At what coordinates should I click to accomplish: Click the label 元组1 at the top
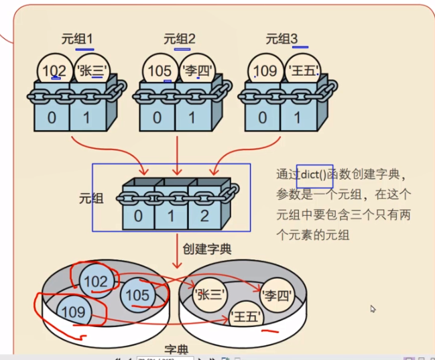[x=77, y=39]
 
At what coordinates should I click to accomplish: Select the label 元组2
[x=179, y=39]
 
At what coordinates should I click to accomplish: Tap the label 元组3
[x=282, y=39]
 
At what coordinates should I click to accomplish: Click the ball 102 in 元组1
[x=54, y=70]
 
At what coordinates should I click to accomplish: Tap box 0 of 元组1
[x=51, y=118]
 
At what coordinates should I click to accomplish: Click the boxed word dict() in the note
[x=314, y=174]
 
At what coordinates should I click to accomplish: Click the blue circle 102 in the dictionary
[x=97, y=282]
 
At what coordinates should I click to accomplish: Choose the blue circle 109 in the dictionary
[x=73, y=312]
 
